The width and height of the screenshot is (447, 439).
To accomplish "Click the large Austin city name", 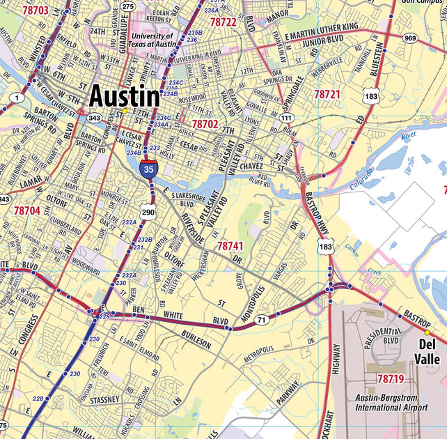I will (125, 95).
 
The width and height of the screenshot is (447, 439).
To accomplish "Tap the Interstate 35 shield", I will (148, 168).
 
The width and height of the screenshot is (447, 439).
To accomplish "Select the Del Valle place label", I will (428, 352).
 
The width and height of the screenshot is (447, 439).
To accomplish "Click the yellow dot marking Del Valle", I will (428, 332).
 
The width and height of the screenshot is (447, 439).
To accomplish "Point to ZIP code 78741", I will (230, 246).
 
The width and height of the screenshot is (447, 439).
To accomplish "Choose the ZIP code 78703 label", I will (36, 10).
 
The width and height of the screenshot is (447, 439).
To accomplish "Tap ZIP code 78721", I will (327, 93).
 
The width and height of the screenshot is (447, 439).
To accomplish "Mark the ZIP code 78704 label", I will (27, 210).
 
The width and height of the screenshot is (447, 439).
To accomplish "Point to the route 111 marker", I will (285, 118).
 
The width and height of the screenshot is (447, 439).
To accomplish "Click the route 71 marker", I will (261, 320).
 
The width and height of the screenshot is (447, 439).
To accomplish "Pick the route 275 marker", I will (127, 6).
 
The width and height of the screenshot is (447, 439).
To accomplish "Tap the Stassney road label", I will (104, 401).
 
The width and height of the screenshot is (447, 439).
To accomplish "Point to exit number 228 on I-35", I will (38, 399).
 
